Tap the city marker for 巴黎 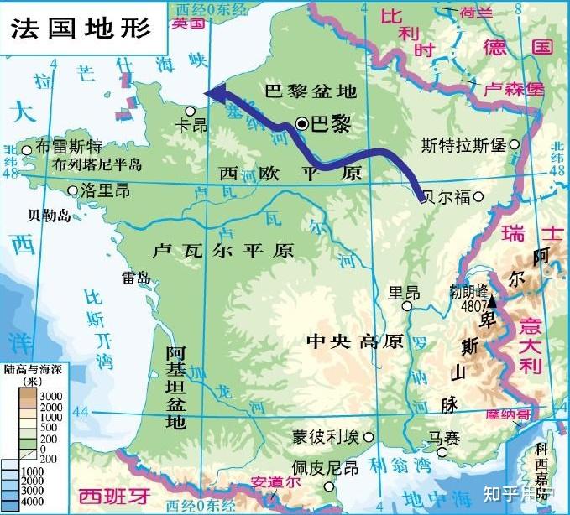tap(302, 124)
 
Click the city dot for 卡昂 tap(191, 110)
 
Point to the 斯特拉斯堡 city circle tap(514, 145)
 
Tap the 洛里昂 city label tap(106, 191)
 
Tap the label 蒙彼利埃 tap(325, 437)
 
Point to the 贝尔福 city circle tap(478, 197)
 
